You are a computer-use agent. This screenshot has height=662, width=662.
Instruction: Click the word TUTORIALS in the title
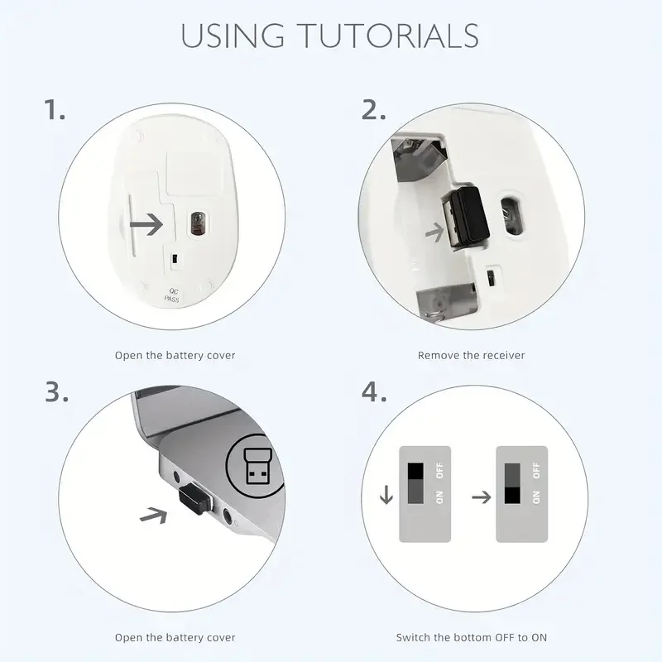[390, 36]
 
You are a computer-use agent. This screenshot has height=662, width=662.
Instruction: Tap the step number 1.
[55, 109]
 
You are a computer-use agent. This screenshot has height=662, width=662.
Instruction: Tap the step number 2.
[374, 109]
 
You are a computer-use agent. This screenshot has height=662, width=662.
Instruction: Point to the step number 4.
[374, 392]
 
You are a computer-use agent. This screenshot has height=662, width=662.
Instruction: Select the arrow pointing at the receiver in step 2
[434, 233]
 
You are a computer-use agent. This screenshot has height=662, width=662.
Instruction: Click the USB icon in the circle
[255, 469]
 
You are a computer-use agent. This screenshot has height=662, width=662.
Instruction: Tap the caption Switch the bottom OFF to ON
[471, 637]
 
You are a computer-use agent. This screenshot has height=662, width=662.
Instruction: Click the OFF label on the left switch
[440, 471]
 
